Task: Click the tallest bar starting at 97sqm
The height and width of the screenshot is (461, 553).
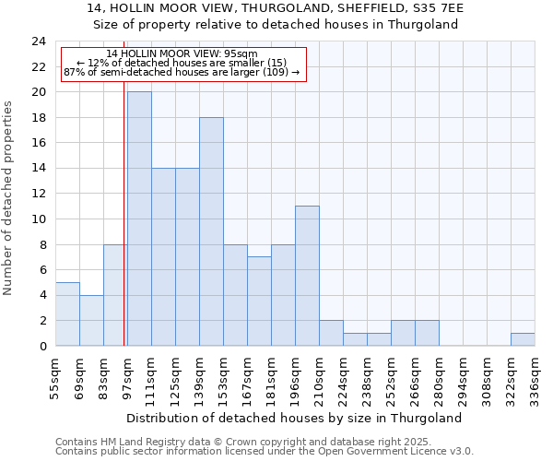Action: click(x=139, y=219)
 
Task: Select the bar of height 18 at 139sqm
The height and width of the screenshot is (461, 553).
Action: click(x=211, y=231)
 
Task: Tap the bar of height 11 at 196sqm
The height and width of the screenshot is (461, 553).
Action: click(x=307, y=276)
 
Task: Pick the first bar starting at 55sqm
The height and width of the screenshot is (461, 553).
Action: click(x=67, y=313)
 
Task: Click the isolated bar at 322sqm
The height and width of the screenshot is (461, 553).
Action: click(x=523, y=339)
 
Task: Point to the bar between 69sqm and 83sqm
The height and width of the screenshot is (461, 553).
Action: click(x=91, y=320)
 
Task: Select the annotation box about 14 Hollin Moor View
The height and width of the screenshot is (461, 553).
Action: click(x=182, y=64)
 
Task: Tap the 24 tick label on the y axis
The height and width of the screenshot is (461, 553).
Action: click(x=39, y=41)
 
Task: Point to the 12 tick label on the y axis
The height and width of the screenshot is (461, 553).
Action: click(x=39, y=194)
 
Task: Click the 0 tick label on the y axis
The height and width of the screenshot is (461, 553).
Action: click(x=42, y=346)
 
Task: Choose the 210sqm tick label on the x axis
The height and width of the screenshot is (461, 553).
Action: click(x=319, y=376)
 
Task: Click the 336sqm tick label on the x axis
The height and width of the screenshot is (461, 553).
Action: click(x=535, y=376)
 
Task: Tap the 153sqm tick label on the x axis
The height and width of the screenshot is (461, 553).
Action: click(x=223, y=376)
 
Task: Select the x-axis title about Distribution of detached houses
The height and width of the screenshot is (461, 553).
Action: click(x=293, y=418)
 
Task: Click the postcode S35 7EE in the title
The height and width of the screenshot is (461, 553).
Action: click(x=437, y=8)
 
